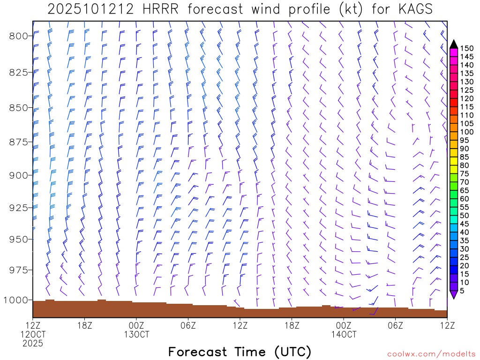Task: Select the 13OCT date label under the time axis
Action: pos(136,334)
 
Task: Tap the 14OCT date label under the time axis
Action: pos(344,334)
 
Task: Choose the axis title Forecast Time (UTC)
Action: pos(240,352)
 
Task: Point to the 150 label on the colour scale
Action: pos(466,48)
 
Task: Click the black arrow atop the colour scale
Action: pos(453,44)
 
